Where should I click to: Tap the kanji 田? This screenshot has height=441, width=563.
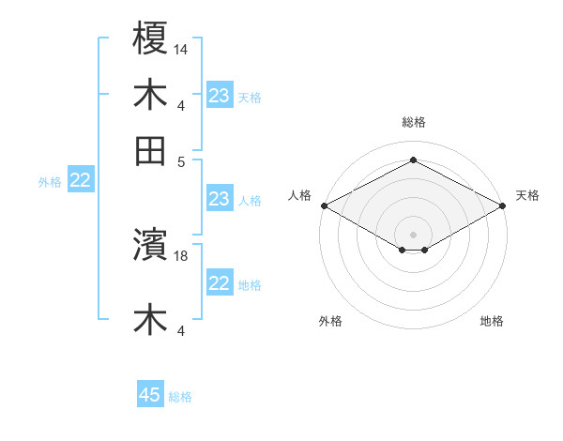(x=150, y=150)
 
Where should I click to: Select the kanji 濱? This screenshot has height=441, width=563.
(x=150, y=246)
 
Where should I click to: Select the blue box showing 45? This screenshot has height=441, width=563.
(x=150, y=395)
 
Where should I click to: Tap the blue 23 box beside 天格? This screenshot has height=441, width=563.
(x=220, y=96)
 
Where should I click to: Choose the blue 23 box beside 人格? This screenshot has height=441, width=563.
(x=220, y=199)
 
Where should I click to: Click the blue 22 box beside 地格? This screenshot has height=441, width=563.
(x=220, y=283)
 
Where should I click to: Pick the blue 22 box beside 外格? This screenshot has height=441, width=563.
(x=80, y=181)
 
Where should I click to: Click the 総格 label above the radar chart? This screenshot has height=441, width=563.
(x=414, y=122)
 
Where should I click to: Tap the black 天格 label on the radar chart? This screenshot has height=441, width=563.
(x=527, y=195)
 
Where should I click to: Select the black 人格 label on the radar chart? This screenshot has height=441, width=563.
(x=300, y=195)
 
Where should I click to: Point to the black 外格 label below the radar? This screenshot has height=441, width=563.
(x=330, y=322)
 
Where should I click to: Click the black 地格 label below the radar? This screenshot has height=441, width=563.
(x=492, y=322)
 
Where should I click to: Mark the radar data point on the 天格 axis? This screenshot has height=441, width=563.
(x=504, y=205)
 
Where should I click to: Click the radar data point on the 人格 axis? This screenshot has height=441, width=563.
(x=324, y=205)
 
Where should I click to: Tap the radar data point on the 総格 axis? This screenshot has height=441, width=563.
(x=414, y=160)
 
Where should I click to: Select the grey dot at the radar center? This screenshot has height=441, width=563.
(x=414, y=234)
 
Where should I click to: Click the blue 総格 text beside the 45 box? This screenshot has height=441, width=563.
(x=180, y=397)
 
